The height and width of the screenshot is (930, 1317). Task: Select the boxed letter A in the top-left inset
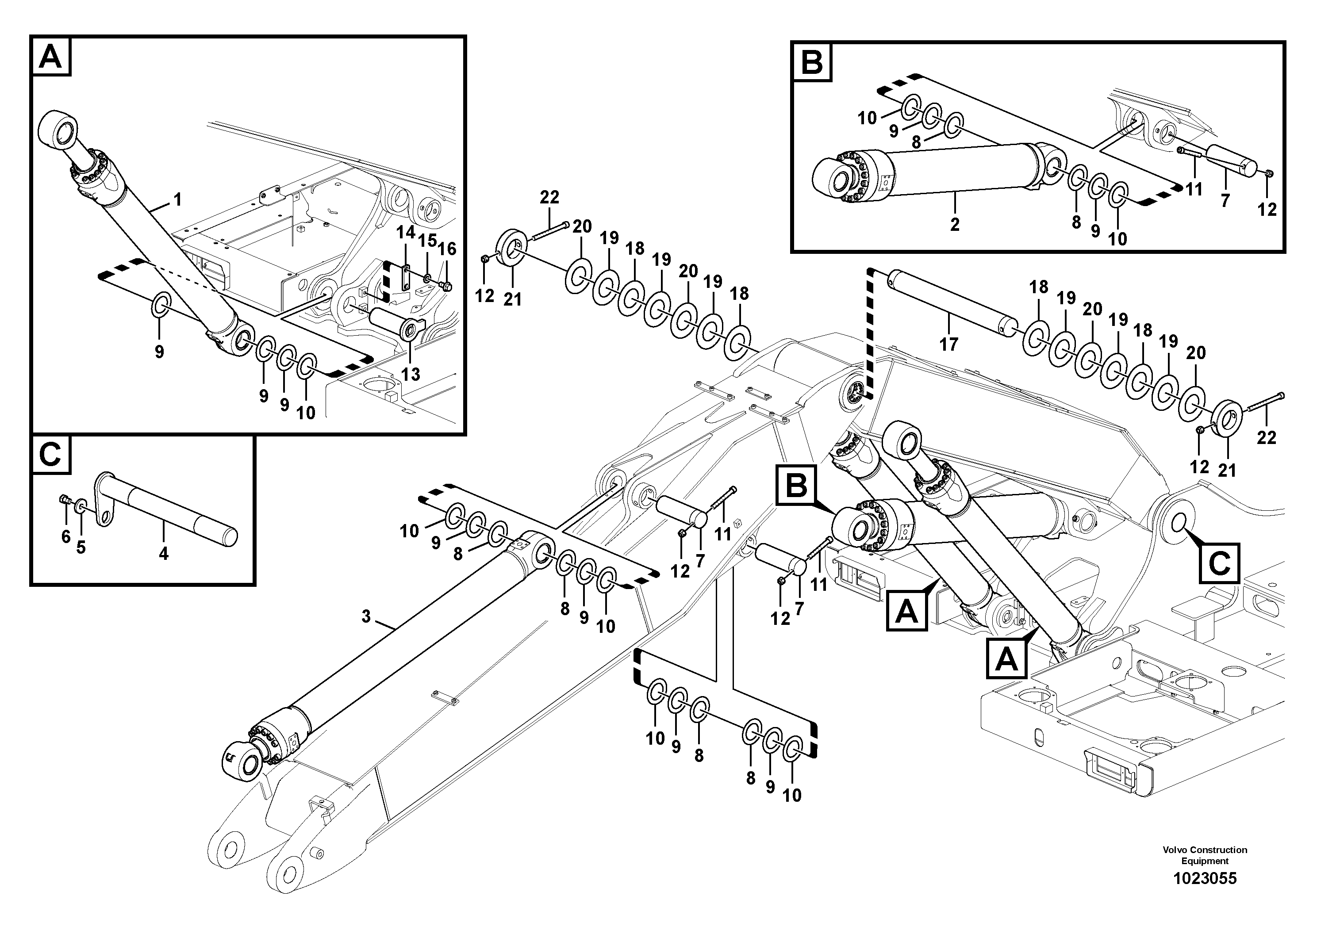coord(51,56)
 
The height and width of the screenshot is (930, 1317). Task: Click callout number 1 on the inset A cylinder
coord(177,199)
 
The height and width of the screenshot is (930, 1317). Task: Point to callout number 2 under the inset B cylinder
coord(955,224)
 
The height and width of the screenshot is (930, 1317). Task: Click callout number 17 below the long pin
coord(949,344)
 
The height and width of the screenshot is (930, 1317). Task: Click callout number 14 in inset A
coord(406,232)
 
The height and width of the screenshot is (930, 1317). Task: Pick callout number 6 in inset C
coord(66,537)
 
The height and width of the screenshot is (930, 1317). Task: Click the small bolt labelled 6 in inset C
coord(64,501)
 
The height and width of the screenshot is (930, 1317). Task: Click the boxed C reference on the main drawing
coord(1218,563)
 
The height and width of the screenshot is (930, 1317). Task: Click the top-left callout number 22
coord(549,197)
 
